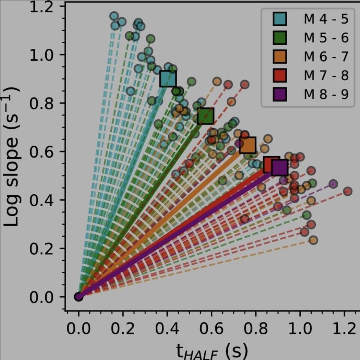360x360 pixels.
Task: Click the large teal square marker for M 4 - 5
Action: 168,79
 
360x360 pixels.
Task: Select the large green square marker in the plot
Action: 205,116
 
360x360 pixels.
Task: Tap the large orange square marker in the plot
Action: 247,145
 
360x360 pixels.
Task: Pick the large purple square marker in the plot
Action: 280,167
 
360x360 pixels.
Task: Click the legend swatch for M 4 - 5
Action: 280,19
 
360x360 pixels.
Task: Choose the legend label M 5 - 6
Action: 326,38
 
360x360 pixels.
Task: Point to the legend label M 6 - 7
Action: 326,57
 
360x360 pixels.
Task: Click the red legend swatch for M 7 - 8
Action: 280,75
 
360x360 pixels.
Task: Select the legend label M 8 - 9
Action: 326,94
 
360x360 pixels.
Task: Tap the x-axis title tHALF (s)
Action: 211,351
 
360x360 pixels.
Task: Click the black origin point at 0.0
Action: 78,297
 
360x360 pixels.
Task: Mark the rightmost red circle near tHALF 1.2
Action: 347,191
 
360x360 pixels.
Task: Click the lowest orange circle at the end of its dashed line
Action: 313,240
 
